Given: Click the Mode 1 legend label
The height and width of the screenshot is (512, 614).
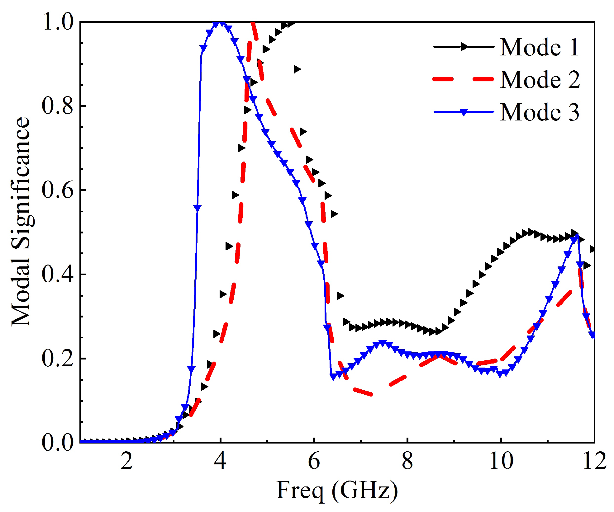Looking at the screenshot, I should tap(539, 47).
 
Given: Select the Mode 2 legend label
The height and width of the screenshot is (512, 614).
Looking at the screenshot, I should tap(540, 80).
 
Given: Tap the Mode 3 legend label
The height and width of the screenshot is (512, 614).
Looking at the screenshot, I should tap(540, 112).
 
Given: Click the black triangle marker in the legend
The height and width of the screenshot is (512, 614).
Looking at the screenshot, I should tap(464, 47).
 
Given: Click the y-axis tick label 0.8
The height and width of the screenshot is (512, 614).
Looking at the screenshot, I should tap(57, 106).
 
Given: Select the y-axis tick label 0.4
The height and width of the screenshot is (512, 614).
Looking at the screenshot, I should tap(57, 275).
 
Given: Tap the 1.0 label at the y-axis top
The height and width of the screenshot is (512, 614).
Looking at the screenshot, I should tap(57, 22).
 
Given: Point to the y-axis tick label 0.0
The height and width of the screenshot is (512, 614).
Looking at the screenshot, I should tap(57, 442).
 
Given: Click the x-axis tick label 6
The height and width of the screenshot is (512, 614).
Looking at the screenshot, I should tap(314, 461).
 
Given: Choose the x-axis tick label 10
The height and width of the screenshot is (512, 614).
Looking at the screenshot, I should tap(501, 461).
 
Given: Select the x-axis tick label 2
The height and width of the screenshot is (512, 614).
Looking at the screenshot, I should tap(127, 461).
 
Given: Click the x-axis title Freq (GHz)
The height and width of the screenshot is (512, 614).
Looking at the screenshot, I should tap(337, 491).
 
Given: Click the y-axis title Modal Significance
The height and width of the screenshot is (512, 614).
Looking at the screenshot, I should tap(21, 222).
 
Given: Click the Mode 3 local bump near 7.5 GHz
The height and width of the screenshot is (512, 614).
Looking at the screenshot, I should tap(382, 343).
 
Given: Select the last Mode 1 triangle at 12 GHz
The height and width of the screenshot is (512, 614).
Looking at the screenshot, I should tap(593, 249).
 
